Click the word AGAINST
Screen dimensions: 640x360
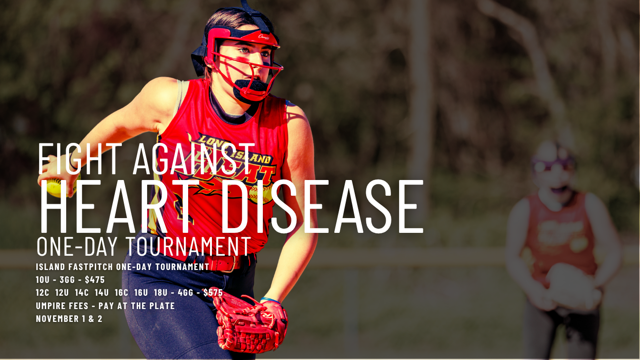pyautogui.click(x=194, y=159)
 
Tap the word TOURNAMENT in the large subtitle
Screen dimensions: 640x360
pyautogui.click(x=188, y=246)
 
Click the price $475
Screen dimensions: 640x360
pyautogui.click(x=95, y=280)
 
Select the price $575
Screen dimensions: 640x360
pyautogui.click(x=213, y=292)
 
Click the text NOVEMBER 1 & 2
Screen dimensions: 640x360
pyautogui.click(x=69, y=319)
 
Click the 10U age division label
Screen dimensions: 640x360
pyautogui.click(x=42, y=280)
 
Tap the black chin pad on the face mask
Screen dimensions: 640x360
pyautogui.click(x=250, y=89)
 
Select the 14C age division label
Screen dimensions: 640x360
pyautogui.click(x=82, y=292)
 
